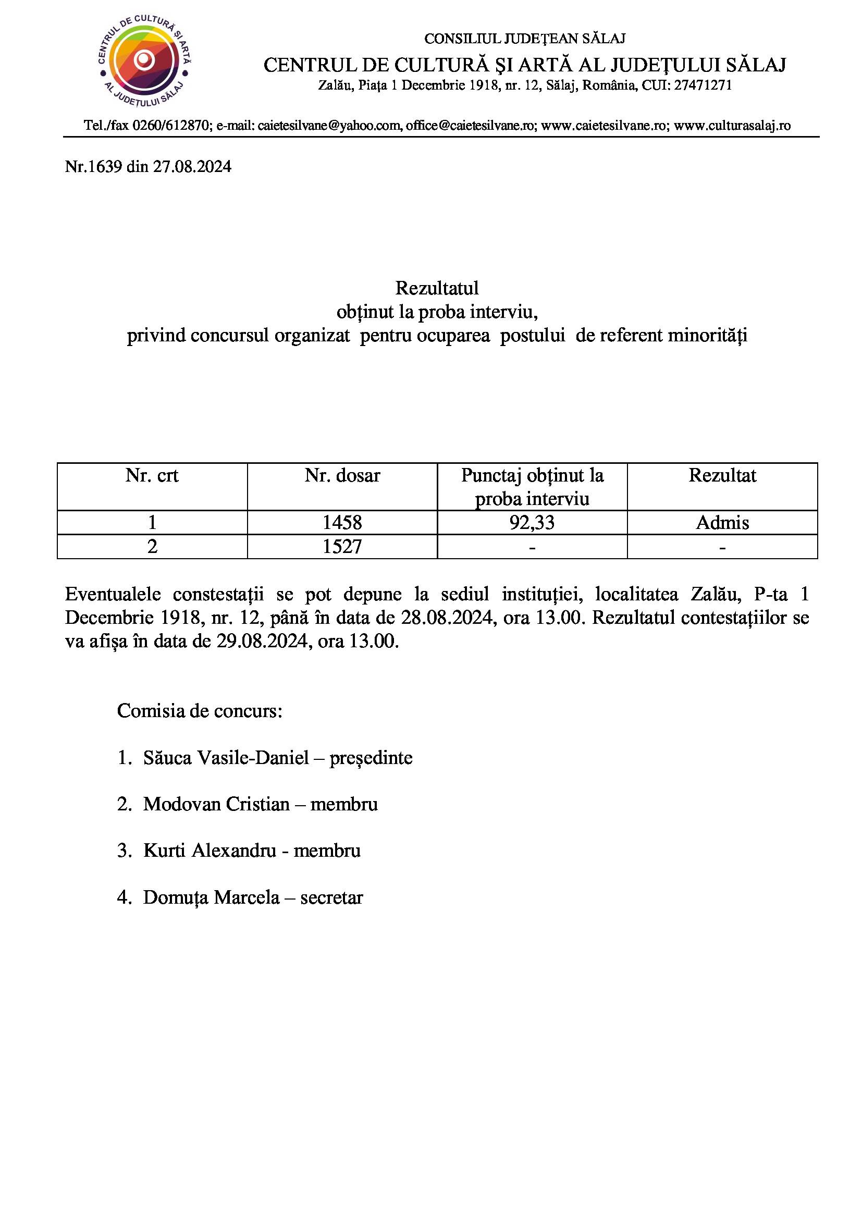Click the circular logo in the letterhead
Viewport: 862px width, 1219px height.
pos(144,61)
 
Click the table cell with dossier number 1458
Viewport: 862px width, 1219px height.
pos(342,522)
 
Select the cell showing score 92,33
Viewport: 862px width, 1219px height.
pos(532,522)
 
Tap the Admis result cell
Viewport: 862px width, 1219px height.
pos(722,522)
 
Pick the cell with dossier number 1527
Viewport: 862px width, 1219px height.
pos(342,546)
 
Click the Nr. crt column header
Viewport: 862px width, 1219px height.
pos(152,475)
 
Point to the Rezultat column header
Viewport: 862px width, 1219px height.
pos(722,475)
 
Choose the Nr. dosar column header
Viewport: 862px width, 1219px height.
pos(342,475)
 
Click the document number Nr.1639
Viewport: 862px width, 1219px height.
pos(93,167)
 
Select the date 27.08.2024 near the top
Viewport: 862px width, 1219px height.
pos(192,167)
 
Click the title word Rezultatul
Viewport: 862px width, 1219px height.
pos(437,288)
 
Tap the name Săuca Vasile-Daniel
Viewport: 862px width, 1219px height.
pos(226,758)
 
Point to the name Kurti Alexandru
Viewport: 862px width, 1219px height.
pos(210,851)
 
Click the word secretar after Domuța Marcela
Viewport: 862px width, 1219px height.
pos(331,897)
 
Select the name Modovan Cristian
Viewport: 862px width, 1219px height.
pos(216,804)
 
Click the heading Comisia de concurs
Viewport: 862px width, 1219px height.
pos(199,710)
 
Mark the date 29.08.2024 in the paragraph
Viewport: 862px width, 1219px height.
pos(262,642)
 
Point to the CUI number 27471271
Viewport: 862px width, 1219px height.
pos(703,85)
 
